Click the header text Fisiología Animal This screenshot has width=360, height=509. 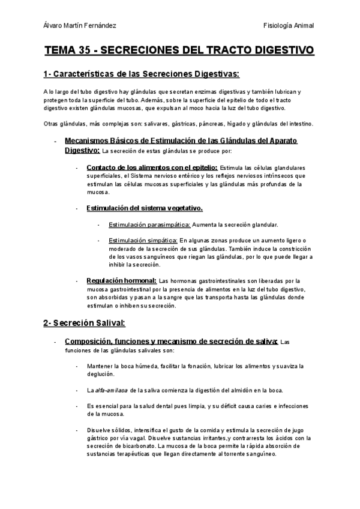[x=289, y=26]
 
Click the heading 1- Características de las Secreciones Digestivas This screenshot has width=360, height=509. [x=141, y=74]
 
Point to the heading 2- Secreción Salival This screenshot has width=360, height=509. [x=84, y=323]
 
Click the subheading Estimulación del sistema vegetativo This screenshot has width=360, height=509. [x=145, y=208]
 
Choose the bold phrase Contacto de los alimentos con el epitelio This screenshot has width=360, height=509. [x=152, y=167]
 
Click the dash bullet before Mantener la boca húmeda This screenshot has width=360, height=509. [x=77, y=366]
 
